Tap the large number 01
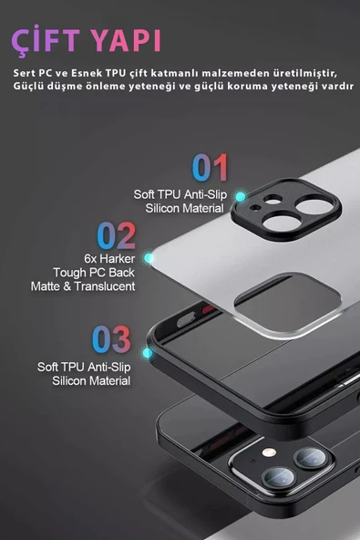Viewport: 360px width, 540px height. [210, 168]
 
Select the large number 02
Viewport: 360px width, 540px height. [117, 235]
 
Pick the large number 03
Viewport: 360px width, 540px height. [111, 339]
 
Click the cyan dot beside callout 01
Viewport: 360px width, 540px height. [241, 197]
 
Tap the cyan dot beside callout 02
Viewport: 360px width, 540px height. [149, 257]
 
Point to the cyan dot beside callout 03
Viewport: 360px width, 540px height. [148, 353]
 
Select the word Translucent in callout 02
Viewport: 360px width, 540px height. [104, 286]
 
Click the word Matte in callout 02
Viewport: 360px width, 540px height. [46, 286]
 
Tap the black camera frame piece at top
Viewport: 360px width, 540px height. [286, 210]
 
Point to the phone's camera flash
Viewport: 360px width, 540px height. [269, 452]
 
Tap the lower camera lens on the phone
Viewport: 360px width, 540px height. [279, 478]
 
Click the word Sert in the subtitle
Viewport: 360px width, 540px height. [24, 73]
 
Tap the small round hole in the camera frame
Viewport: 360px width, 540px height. [255, 208]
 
